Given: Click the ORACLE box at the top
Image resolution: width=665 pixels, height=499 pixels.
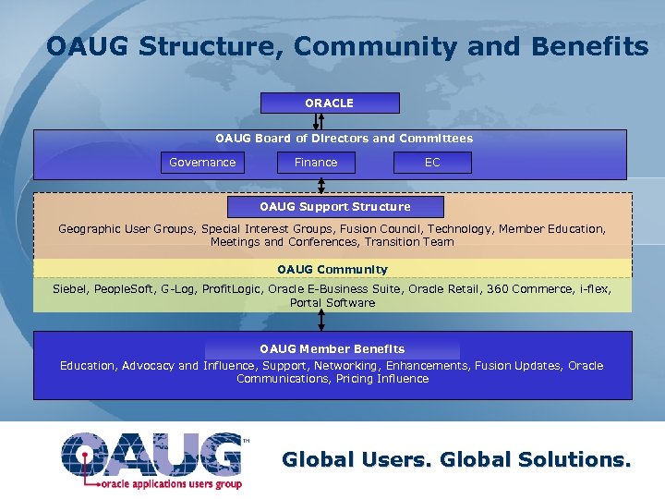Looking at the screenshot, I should tap(330, 103).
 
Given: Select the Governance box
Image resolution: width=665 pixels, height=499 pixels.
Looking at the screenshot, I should tap(202, 163).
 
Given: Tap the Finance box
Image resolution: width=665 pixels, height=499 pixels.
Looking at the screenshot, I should tap(316, 163).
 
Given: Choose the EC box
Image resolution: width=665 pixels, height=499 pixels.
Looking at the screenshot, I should tap(432, 163).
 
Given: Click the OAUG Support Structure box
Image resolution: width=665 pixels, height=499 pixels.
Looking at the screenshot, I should tap(335, 206).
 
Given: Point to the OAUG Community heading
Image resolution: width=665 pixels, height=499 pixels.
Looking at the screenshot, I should tap(332, 270).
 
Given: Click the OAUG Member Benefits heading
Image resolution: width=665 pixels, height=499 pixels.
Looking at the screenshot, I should tap(332, 348).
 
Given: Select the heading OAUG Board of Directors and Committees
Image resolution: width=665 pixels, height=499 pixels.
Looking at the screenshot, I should tap(344, 139).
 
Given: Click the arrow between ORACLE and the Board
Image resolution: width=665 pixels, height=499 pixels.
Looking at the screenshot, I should tap(320, 122).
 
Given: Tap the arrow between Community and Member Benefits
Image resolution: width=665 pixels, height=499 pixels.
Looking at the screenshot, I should tap(321, 320).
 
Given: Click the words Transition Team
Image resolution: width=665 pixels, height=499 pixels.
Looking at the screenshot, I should tap(409, 242).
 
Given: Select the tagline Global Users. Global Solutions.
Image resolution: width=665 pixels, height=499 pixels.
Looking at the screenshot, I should tap(456, 459).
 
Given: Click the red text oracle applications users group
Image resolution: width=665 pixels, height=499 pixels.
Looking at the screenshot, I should tap(171, 483).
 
